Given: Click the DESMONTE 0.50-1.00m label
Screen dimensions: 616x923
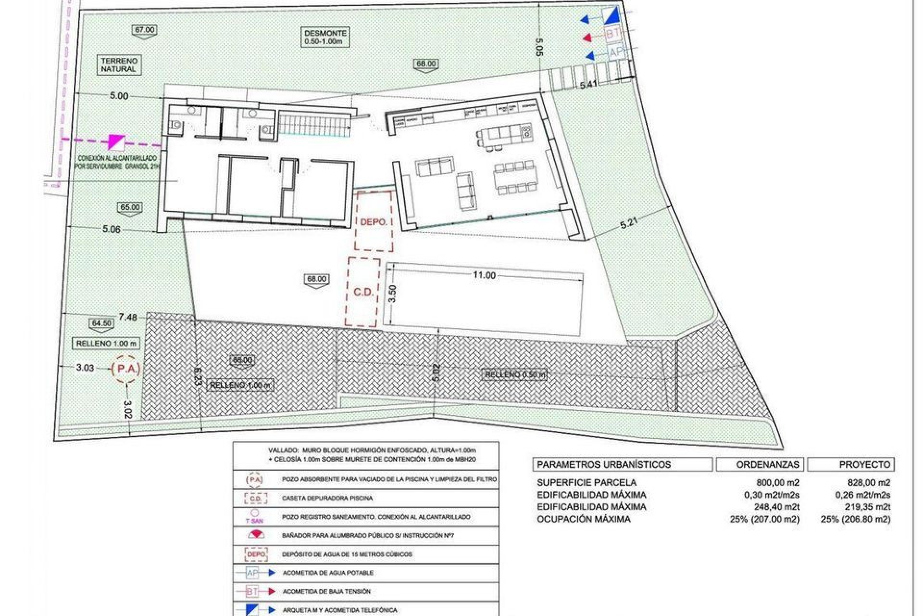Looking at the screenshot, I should pyautogui.click(x=325, y=38).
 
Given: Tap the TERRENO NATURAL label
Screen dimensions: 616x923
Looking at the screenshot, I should pyautogui.click(x=119, y=65).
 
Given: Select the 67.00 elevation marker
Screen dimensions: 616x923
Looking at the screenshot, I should pyautogui.click(x=145, y=30).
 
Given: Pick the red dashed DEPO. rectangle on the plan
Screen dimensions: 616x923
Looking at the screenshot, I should pyautogui.click(x=374, y=221).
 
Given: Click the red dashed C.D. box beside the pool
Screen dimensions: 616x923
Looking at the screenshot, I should pyautogui.click(x=363, y=292).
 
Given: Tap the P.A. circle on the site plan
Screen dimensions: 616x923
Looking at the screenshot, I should pyautogui.click(x=125, y=369).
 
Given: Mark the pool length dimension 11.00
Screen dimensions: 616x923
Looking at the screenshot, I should pyautogui.click(x=484, y=275).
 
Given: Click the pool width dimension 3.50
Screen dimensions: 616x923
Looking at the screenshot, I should pyautogui.click(x=392, y=294).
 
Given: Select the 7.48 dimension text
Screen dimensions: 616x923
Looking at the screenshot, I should pyautogui.click(x=128, y=317).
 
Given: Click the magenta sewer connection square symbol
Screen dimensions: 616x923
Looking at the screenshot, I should pyautogui.click(x=117, y=141).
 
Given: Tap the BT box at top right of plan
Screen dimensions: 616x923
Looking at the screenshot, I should pyautogui.click(x=612, y=35).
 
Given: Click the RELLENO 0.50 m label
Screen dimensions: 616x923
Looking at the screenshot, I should pyautogui.click(x=515, y=375).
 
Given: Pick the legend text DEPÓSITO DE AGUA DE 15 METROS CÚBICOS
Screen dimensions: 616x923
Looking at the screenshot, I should pyautogui.click(x=347, y=554).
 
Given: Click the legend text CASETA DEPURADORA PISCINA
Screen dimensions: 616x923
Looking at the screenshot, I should pyautogui.click(x=327, y=498).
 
